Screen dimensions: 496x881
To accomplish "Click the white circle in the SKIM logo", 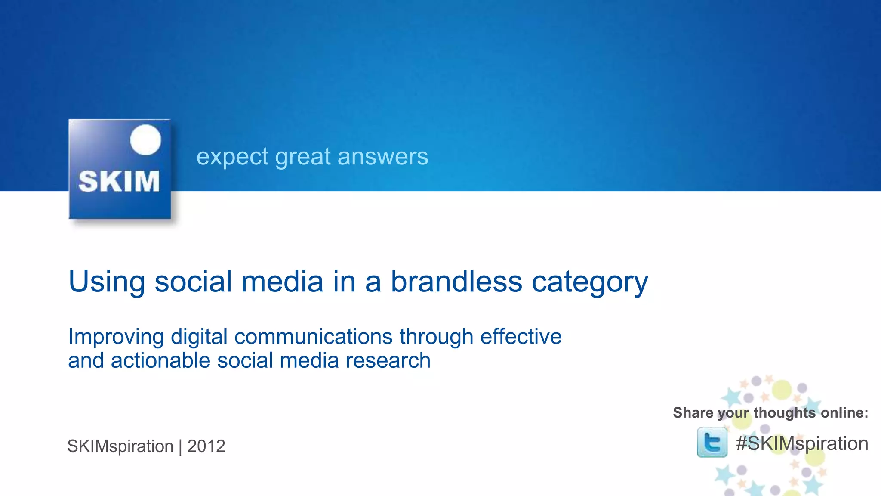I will click(x=145, y=139).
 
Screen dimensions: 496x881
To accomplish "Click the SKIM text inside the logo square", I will click(x=119, y=181).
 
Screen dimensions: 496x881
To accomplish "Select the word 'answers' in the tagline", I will click(x=383, y=157).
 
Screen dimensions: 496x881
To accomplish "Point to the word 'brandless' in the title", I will click(x=456, y=281).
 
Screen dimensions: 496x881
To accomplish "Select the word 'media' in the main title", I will click(x=282, y=281).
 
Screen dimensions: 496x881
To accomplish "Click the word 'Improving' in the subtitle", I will click(x=116, y=337).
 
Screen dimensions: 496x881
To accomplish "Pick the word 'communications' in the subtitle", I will click(x=313, y=337).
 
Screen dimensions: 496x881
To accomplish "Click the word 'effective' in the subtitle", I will click(x=521, y=336).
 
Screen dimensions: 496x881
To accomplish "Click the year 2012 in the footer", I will click(x=206, y=446).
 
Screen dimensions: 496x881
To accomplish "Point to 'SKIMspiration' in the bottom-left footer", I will click(x=120, y=446).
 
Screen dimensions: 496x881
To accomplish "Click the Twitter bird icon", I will click(x=712, y=442).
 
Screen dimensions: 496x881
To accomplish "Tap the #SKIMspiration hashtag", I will click(x=802, y=444).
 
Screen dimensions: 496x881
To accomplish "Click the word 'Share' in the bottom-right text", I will click(x=693, y=412).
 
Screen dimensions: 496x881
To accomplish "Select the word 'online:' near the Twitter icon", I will click(x=844, y=412).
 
